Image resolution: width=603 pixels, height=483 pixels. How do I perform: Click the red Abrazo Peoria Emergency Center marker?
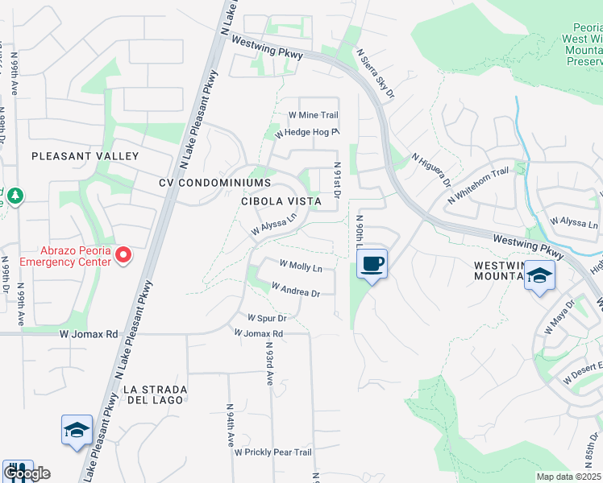point(123,256)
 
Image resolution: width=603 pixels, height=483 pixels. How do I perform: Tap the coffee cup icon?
point(372,263)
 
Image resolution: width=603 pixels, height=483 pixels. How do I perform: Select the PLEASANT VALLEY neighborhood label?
point(85,156)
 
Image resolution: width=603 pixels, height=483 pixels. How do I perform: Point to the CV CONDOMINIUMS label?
point(214,183)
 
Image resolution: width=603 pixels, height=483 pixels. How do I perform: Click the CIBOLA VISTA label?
point(281,200)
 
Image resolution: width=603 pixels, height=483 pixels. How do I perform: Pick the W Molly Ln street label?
point(301,266)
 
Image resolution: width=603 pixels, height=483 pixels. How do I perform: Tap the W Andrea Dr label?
point(295,289)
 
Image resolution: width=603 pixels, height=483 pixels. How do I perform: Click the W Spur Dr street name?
point(267,318)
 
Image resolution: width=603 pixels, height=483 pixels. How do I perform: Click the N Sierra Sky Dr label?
point(376,73)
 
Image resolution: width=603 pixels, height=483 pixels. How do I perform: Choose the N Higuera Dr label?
point(430,171)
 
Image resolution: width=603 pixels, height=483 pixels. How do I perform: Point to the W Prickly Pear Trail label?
point(272,452)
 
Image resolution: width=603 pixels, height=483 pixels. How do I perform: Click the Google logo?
point(27,473)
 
